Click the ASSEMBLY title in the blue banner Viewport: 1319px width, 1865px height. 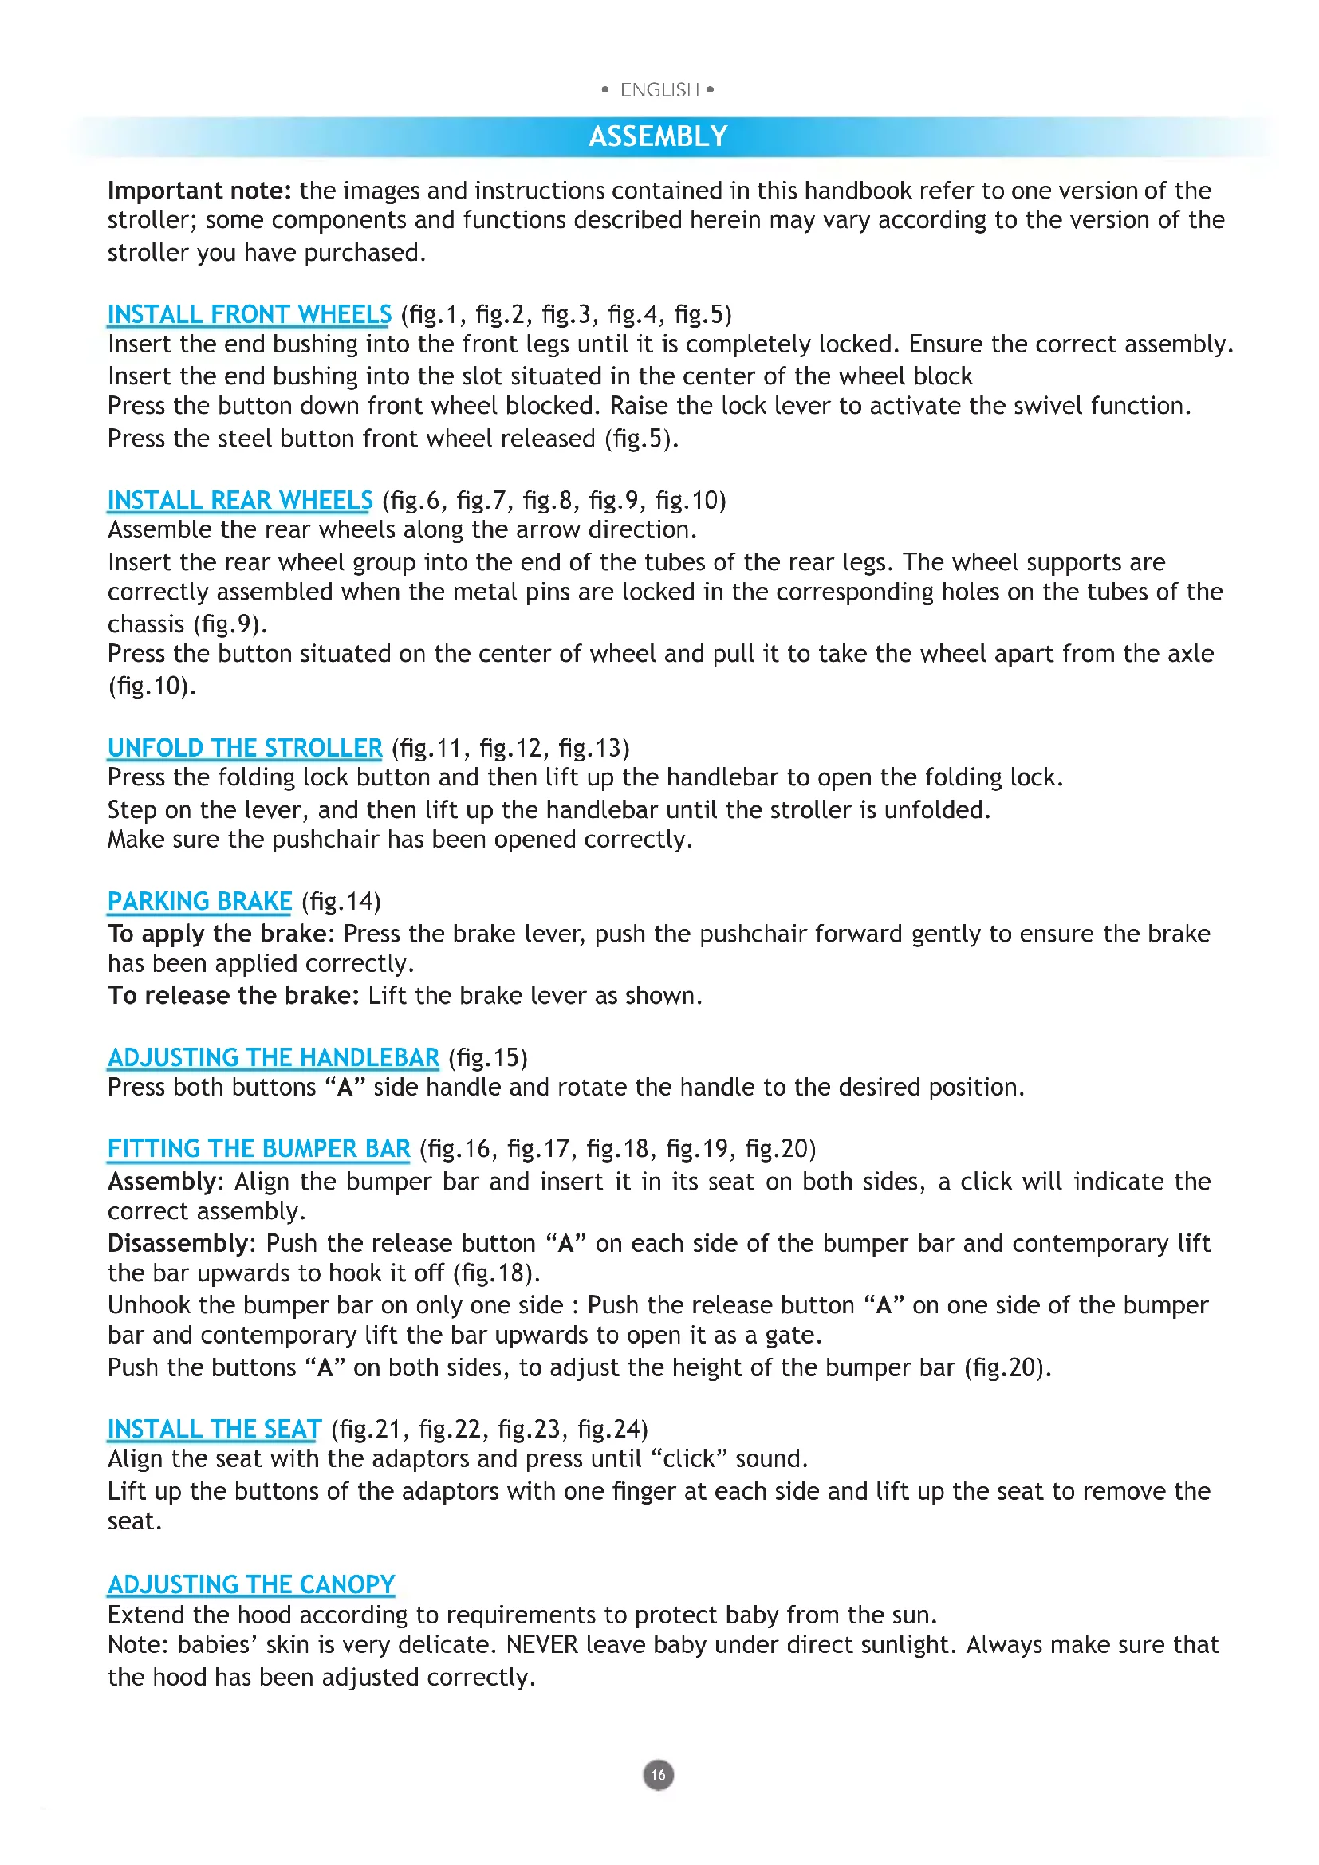[x=658, y=136]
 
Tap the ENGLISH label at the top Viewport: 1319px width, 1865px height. [x=659, y=90]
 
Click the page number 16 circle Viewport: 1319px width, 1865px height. [x=658, y=1775]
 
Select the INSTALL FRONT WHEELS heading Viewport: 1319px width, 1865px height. [x=250, y=314]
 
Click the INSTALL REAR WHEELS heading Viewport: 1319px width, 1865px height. [x=239, y=501]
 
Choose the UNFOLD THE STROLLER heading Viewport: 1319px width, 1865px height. [x=245, y=748]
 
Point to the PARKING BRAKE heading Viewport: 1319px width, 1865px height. [x=199, y=902]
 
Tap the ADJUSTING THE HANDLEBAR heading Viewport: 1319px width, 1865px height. [x=273, y=1057]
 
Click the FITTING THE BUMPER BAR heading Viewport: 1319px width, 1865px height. [x=258, y=1148]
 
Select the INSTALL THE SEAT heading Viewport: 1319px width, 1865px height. [x=215, y=1429]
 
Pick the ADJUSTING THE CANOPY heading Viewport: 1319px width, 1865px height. [x=251, y=1584]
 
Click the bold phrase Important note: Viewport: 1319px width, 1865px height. [x=199, y=191]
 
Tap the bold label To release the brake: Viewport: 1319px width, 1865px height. [x=233, y=996]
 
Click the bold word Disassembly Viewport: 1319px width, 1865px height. [x=178, y=1244]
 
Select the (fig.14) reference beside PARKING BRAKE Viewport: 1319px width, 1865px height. [x=341, y=902]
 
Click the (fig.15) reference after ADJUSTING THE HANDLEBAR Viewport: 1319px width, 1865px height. [x=488, y=1057]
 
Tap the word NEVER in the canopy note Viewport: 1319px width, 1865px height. [x=541, y=1645]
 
